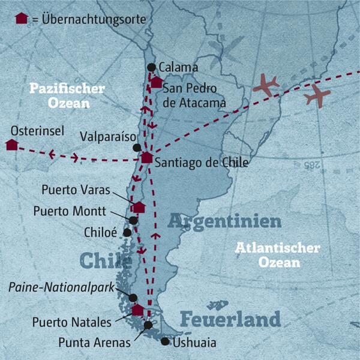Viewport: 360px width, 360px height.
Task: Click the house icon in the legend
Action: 22,18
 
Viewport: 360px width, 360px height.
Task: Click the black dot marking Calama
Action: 151,67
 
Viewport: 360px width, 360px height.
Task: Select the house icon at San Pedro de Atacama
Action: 157,82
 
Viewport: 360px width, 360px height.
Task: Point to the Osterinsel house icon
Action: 11,144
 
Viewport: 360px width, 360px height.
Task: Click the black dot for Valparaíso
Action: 137,148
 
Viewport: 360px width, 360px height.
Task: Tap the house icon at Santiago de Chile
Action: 146,158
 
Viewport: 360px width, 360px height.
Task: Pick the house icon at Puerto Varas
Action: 139,207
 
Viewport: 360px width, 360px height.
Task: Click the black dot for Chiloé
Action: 127,232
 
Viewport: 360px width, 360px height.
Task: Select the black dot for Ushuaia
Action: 165,341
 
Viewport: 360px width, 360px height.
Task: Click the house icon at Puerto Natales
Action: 138,310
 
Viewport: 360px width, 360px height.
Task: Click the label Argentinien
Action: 224,221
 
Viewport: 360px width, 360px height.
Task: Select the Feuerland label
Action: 230,317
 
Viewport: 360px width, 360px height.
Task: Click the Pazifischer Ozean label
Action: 67,95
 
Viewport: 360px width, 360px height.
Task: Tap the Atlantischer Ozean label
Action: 277,255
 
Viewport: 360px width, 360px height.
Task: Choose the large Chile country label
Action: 106,261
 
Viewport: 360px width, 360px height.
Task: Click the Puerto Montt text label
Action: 70,212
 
